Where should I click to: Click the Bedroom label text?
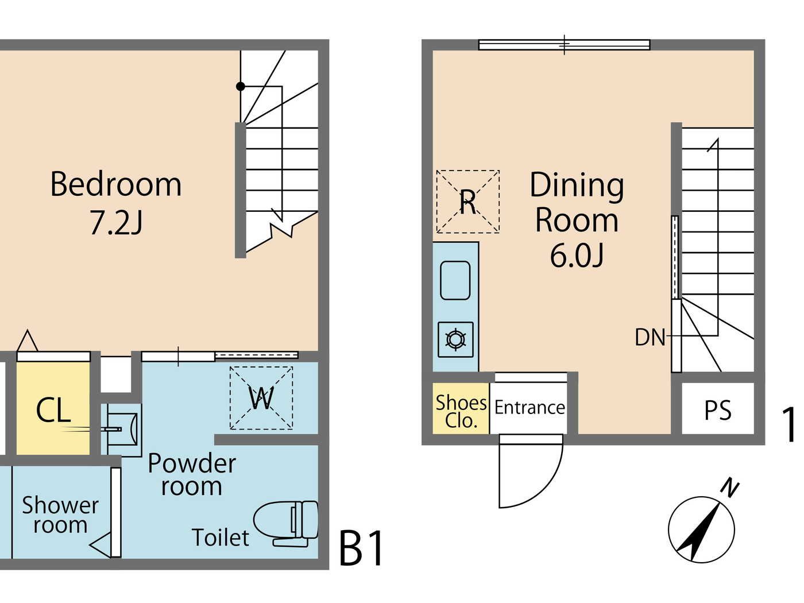coord(116,184)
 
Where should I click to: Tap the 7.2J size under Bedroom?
coord(116,223)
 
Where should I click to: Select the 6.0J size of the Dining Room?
coord(577,256)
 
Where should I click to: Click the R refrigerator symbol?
coord(467,202)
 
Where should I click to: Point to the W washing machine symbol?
coord(261,398)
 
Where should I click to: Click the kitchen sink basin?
coord(455,280)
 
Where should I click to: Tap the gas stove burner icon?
coord(455,339)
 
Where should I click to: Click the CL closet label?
coord(53,411)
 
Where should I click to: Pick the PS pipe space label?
coord(718,411)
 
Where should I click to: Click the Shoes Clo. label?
coord(461,411)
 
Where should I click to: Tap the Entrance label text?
coord(529,407)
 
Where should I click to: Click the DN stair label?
coord(650,338)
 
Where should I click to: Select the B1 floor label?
coord(362,548)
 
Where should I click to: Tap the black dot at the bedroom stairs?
coord(241,87)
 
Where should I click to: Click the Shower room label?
coord(60,515)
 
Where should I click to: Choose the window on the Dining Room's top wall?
coord(564,45)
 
